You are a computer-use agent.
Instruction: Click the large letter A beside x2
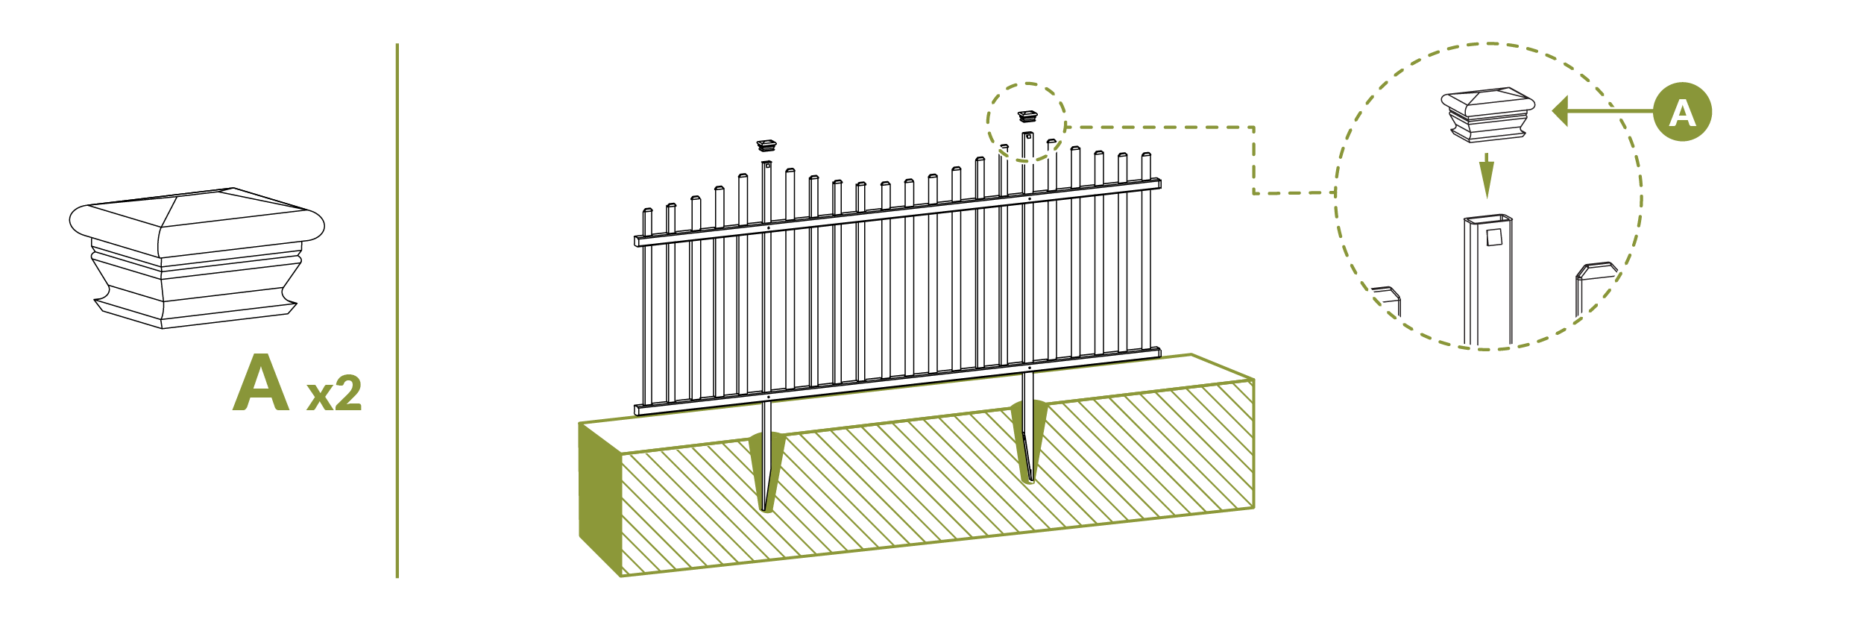[x=261, y=384]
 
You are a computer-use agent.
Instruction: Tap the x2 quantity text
[x=334, y=394]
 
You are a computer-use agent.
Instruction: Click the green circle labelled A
[x=1683, y=112]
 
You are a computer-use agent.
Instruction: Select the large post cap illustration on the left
[x=197, y=257]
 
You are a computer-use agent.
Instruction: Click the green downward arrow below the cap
[x=1487, y=176]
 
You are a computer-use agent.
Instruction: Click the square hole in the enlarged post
[x=1494, y=237]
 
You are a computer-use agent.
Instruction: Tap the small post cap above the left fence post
[x=766, y=145]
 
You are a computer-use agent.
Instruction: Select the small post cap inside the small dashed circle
[x=1027, y=116]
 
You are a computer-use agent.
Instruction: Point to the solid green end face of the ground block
[x=600, y=500]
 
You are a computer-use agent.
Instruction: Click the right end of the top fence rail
[x=1157, y=183]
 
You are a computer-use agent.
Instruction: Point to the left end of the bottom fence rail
[x=639, y=409]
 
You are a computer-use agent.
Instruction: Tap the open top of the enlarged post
[x=1488, y=219]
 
